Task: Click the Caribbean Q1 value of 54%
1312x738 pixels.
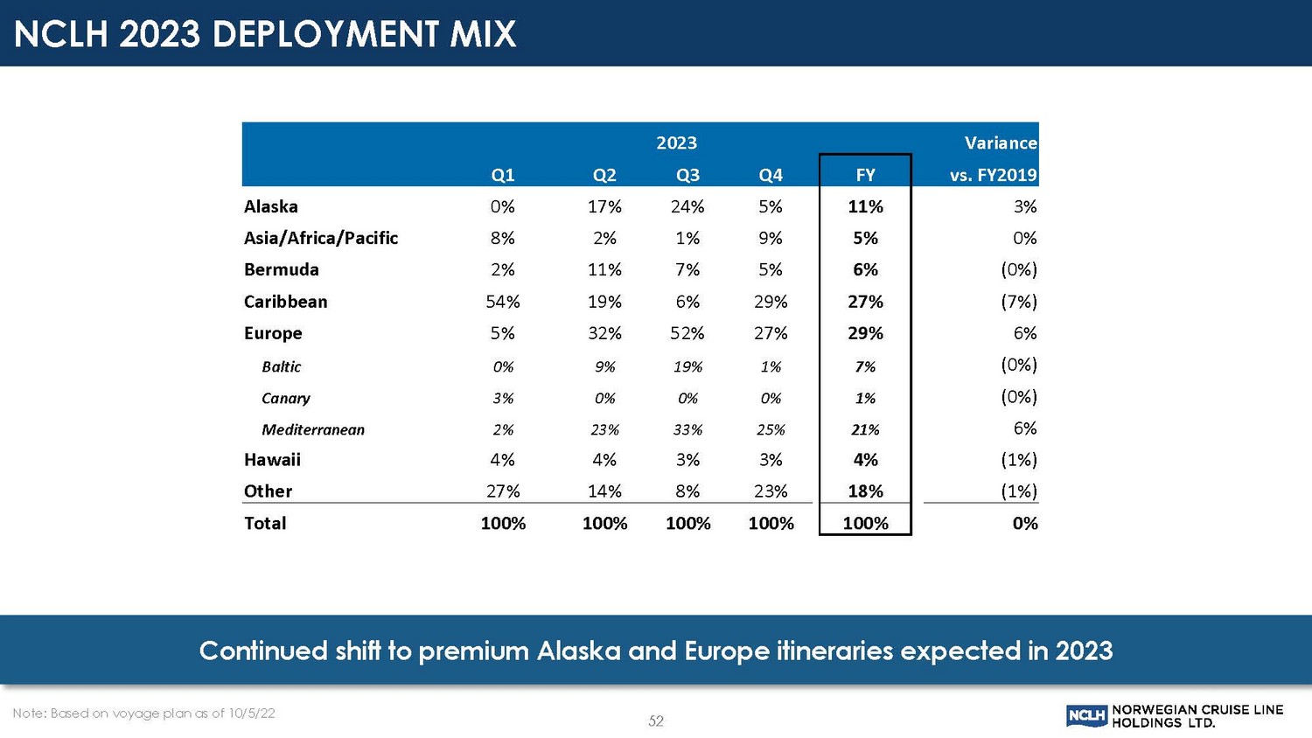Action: (x=503, y=302)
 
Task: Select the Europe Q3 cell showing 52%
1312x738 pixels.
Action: (x=687, y=333)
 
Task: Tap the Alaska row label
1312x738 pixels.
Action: (x=271, y=206)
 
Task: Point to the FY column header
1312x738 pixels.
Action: (x=865, y=175)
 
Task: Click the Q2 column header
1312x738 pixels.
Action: (x=604, y=175)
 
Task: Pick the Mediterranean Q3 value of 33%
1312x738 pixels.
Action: (x=687, y=429)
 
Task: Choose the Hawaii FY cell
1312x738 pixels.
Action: (x=865, y=460)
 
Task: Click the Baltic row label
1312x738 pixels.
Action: (x=282, y=366)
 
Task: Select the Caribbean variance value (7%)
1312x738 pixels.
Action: (x=1019, y=302)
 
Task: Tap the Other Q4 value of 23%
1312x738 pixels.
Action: (x=771, y=491)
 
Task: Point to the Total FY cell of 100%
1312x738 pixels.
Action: (x=865, y=523)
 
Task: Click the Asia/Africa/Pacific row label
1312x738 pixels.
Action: (x=321, y=238)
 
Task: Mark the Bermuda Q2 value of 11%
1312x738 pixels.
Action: (x=604, y=269)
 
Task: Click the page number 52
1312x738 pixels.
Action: (x=656, y=721)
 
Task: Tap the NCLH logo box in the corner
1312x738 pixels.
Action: (x=1087, y=716)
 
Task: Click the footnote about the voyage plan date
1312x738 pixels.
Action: (x=144, y=714)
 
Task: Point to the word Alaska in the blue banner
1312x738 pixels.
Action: (x=578, y=651)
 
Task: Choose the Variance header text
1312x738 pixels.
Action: (x=1001, y=143)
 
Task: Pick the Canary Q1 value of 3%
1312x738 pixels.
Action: (x=503, y=398)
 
